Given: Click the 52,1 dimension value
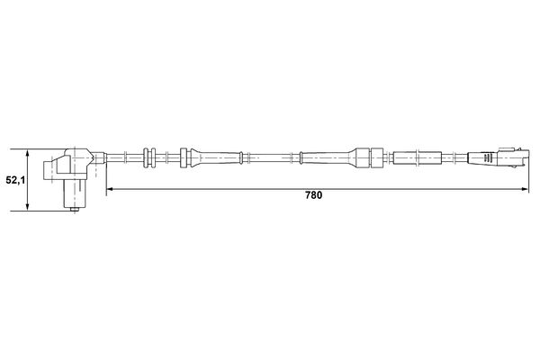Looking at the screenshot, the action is coord(15,180).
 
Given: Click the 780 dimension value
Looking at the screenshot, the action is coord(314,195).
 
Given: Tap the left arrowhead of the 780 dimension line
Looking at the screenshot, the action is coord(110,189).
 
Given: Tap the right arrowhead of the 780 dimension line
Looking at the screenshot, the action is coord(525,189).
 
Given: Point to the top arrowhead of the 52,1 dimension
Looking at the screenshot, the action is coord(27,153).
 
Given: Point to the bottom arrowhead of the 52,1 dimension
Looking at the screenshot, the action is coord(27,207).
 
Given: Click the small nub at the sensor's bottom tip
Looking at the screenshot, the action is coord(74,209).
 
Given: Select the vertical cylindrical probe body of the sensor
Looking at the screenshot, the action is coord(74,193).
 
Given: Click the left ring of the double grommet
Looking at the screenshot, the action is coord(146,158).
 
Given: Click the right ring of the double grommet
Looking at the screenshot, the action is coord(153,158).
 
